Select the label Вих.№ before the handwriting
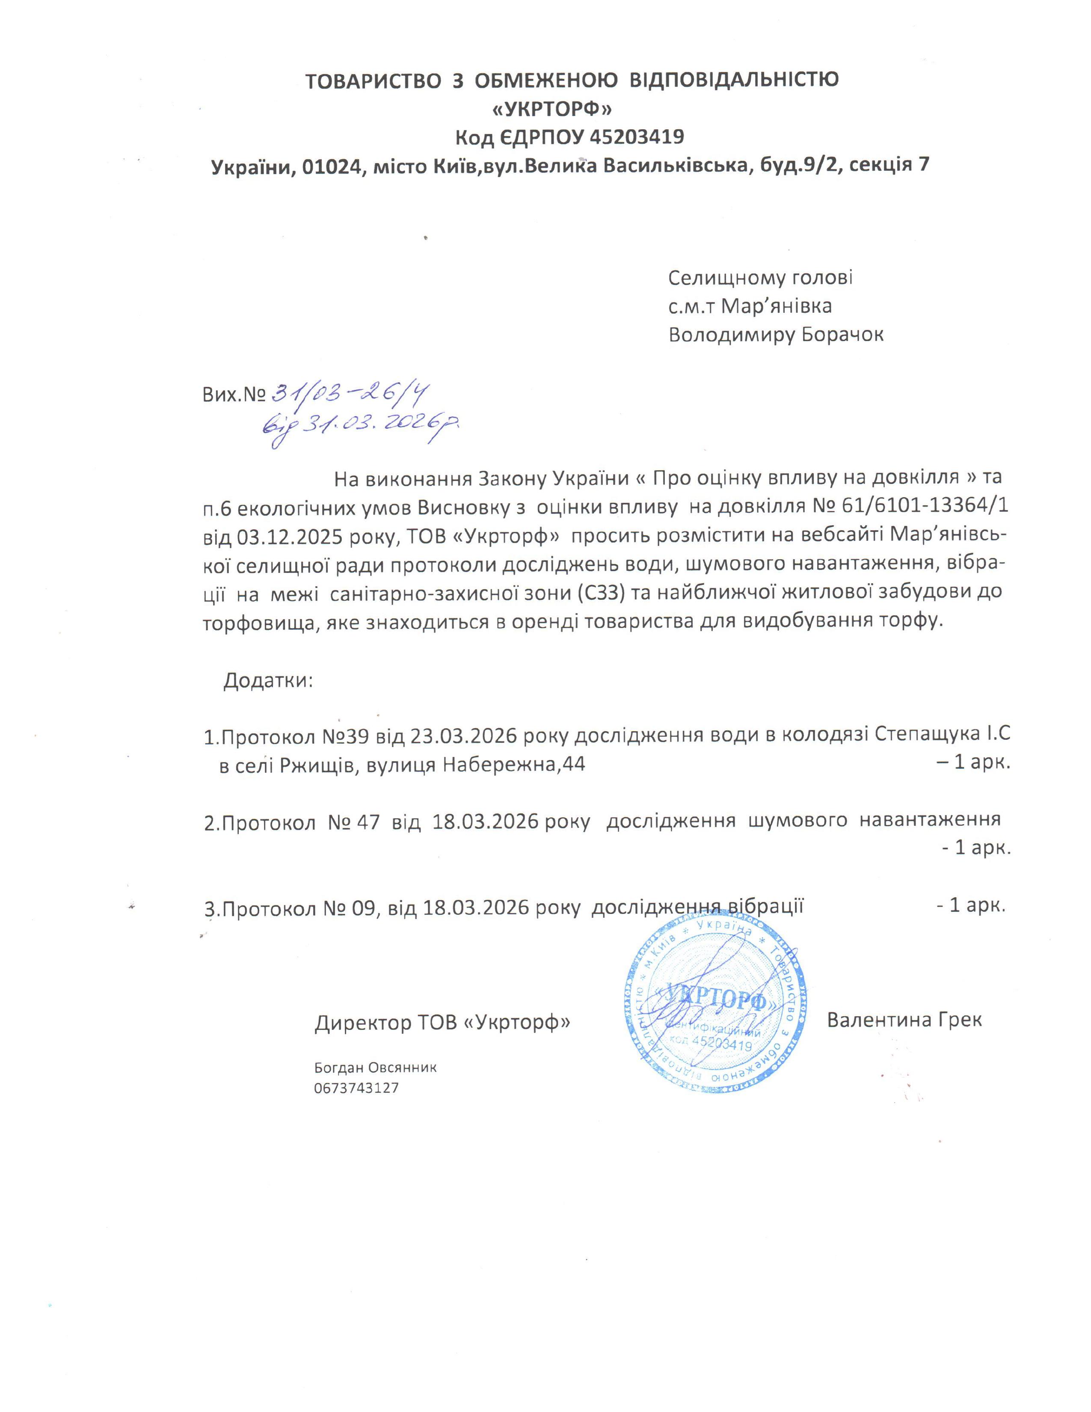[234, 395]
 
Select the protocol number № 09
[343, 907]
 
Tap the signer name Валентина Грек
[904, 1020]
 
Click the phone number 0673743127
[356, 1088]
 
